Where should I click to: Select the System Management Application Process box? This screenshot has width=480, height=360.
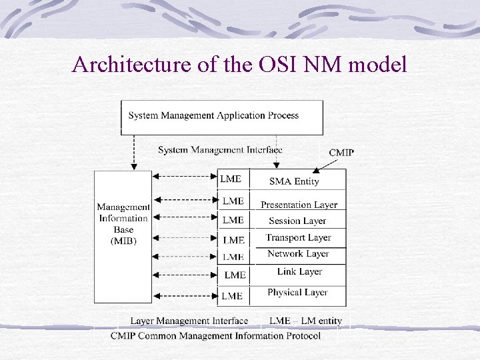pyautogui.click(x=221, y=116)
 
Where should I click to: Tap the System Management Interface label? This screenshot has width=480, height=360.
pyautogui.click(x=220, y=150)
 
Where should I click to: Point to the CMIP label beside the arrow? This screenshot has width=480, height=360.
pyautogui.click(x=341, y=153)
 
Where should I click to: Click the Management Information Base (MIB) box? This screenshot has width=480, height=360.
pyautogui.click(x=123, y=224)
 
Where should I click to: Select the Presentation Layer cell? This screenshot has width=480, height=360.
pyautogui.click(x=299, y=205)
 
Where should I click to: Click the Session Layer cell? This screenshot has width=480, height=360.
pyautogui.click(x=297, y=221)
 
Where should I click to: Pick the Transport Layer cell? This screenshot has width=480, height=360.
pyautogui.click(x=298, y=237)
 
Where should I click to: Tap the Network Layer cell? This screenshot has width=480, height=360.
pyautogui.click(x=298, y=254)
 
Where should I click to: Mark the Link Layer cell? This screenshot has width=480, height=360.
pyautogui.click(x=299, y=271)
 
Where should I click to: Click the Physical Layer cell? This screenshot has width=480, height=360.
pyautogui.click(x=297, y=293)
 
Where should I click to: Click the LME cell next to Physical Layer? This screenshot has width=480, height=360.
pyautogui.click(x=232, y=295)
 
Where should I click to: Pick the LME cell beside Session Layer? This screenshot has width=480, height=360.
pyautogui.click(x=233, y=220)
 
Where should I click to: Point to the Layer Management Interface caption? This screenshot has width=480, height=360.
pyautogui.click(x=189, y=321)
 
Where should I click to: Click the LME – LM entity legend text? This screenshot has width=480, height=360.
pyautogui.click(x=305, y=321)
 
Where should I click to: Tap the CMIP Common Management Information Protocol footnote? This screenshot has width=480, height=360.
pyautogui.click(x=215, y=335)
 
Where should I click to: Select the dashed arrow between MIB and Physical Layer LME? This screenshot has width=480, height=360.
pyautogui.click(x=185, y=295)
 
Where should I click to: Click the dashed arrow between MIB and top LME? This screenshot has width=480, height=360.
pyautogui.click(x=185, y=177)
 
